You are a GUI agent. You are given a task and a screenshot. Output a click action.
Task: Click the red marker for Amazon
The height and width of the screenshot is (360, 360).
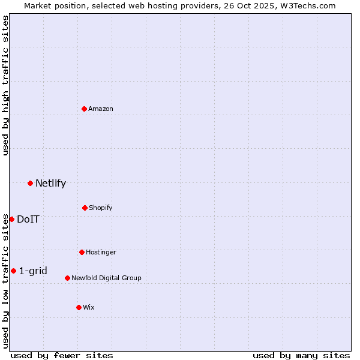point(84,109)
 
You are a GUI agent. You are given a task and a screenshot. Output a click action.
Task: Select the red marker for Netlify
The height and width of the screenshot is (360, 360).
point(30,183)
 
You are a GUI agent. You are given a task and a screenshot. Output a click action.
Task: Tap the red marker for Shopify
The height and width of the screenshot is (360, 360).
point(85,208)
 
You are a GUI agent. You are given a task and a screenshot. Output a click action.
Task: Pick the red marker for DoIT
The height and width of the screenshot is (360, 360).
point(11,219)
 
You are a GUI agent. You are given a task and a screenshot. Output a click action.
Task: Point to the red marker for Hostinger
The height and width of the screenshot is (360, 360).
point(82,252)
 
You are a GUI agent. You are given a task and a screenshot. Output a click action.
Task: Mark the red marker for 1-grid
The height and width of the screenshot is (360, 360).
point(13,271)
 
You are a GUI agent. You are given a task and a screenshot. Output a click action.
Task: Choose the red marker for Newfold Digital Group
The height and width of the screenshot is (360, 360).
point(67,278)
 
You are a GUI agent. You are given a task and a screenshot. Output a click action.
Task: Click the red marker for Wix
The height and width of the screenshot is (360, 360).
point(79,307)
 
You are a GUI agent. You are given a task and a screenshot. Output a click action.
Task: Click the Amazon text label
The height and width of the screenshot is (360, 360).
point(101,109)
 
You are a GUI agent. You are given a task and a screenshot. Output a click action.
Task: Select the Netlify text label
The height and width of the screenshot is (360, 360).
point(50,183)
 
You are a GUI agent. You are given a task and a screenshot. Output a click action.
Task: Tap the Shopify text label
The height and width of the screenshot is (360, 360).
point(101,208)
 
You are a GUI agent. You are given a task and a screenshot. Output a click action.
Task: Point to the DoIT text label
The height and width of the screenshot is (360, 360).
point(28,219)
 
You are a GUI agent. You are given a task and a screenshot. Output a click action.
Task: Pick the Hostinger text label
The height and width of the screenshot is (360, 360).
point(101,252)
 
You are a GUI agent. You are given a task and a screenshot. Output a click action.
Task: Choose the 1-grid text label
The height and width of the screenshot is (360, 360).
point(33,271)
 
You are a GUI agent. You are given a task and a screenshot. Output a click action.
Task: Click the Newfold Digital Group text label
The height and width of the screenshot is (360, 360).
point(106,278)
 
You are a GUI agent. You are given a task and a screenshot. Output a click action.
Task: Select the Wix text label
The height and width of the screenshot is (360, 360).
point(89,307)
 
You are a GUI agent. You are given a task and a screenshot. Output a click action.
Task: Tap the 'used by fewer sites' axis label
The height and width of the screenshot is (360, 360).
point(62,355)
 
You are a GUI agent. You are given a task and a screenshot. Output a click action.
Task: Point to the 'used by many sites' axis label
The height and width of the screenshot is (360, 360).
point(301,355)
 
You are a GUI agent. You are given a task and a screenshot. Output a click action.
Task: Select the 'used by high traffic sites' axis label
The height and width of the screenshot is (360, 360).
point(5,85)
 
